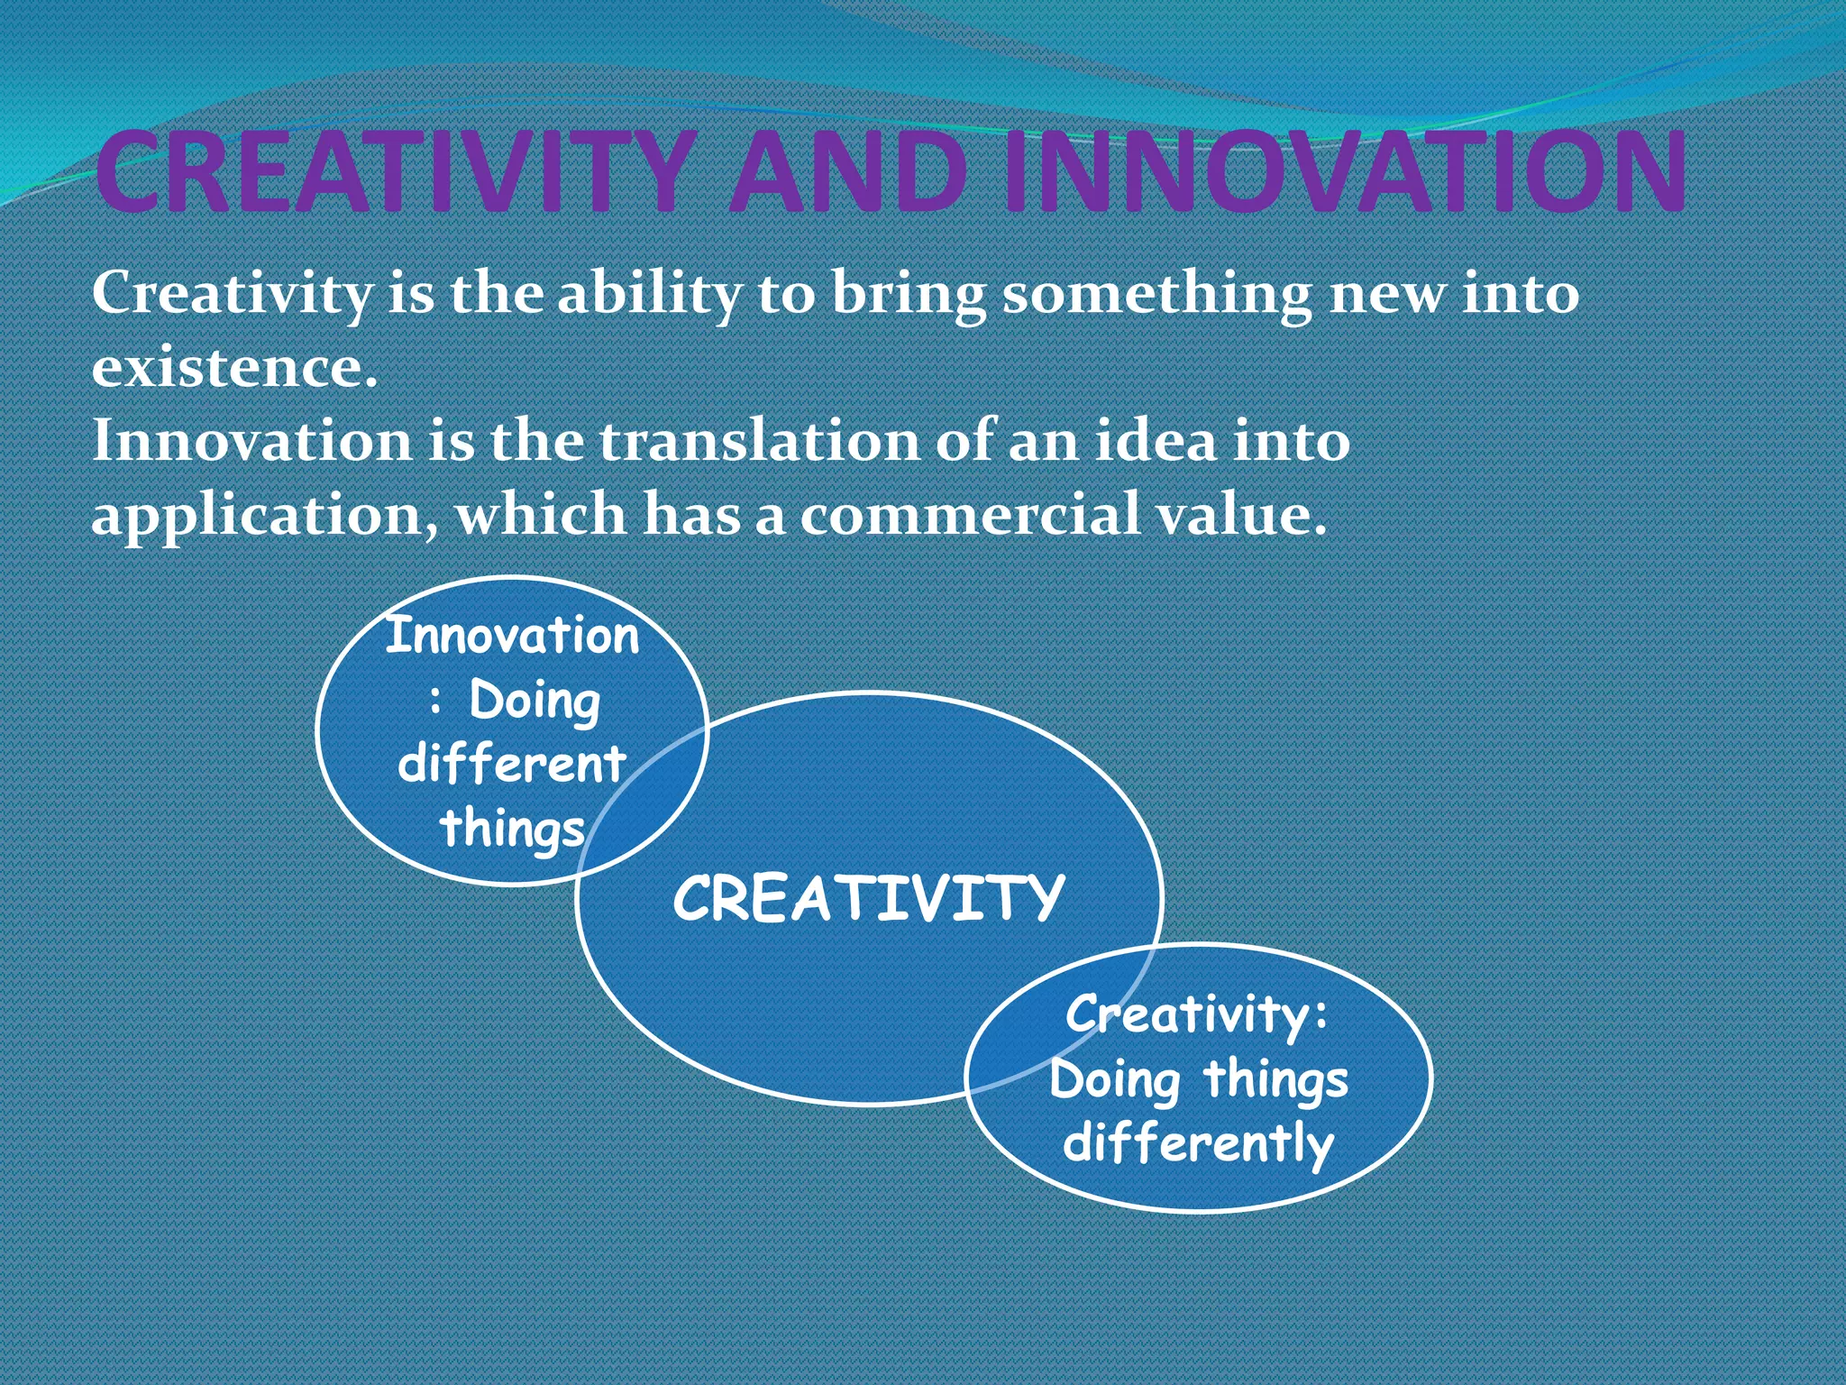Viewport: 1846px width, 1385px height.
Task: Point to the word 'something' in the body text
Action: [1157, 296]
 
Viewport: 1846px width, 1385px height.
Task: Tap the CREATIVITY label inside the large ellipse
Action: [868, 899]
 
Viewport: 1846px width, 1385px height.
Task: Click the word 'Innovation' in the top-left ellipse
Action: [512, 636]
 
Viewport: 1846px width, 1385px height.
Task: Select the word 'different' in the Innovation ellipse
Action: [511, 765]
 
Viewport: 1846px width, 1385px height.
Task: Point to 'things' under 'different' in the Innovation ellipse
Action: [512, 828]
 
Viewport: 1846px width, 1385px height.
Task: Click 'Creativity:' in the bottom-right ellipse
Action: [1197, 1015]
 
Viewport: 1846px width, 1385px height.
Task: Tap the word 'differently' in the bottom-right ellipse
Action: [1197, 1143]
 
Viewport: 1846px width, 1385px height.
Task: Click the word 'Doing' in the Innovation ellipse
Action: [535, 702]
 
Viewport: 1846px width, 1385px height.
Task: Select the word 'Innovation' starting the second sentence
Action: [252, 442]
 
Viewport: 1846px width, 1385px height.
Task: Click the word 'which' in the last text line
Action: [540, 516]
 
